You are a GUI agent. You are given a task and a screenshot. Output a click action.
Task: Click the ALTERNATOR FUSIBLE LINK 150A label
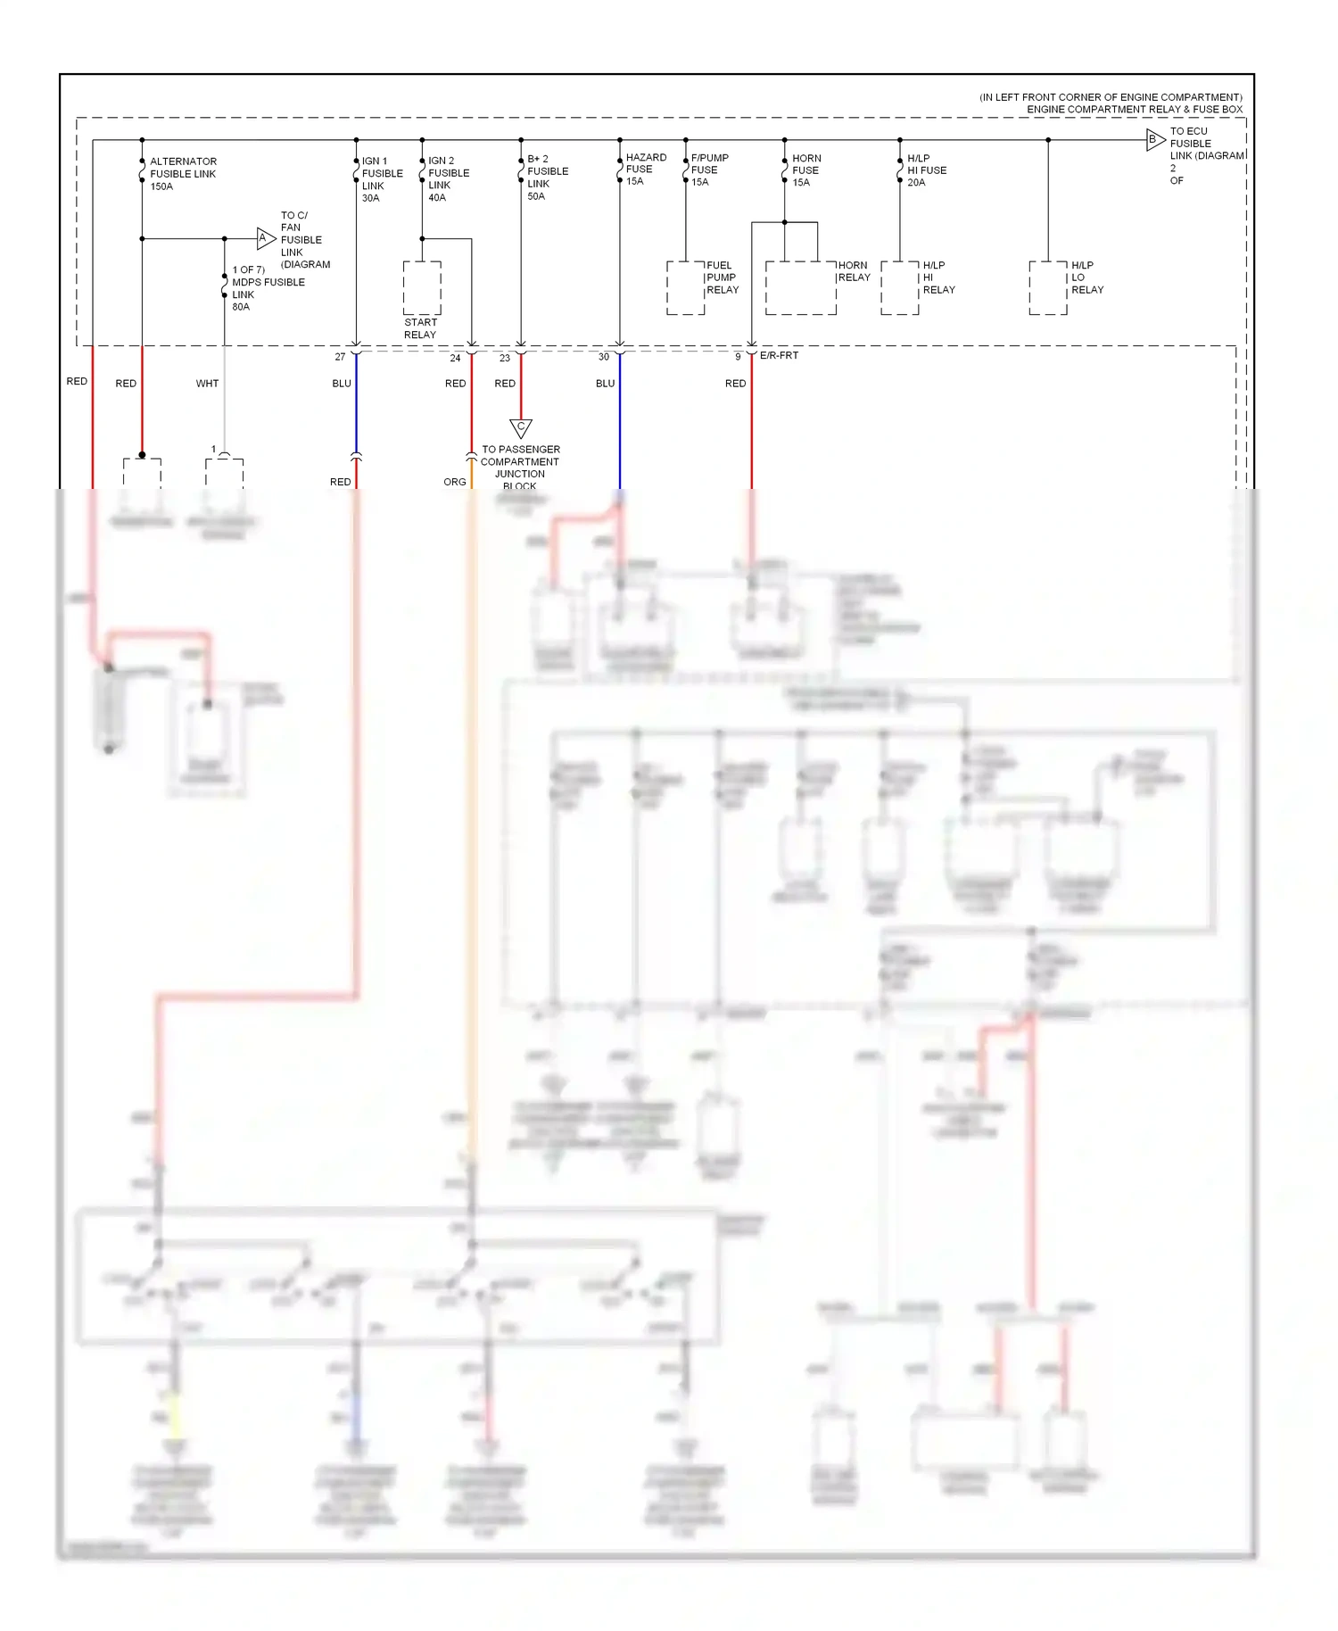pos(183,174)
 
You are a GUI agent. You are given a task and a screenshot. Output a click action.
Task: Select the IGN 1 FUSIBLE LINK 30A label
pos(382,179)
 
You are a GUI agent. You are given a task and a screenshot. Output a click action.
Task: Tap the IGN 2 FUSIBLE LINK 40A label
pos(448,179)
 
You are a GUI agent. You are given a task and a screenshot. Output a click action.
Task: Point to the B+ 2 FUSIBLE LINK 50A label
pos(547,178)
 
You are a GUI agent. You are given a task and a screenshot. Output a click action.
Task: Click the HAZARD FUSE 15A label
pos(646,170)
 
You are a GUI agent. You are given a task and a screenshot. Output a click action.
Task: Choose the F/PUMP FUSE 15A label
pos(709,170)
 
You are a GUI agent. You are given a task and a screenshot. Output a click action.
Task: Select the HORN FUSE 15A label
pos(806,170)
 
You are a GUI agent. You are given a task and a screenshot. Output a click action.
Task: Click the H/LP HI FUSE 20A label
pos(926,170)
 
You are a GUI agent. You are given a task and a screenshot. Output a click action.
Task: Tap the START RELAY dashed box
pos(422,288)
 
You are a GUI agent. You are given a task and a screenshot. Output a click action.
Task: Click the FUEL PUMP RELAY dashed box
pos(685,288)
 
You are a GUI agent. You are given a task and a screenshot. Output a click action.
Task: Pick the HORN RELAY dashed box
pos(800,288)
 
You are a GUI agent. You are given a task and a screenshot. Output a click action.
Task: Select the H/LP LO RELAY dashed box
pos(1047,288)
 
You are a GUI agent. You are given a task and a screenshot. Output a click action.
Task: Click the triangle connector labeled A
pos(264,238)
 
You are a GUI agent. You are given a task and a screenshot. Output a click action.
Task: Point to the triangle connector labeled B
pos(1154,139)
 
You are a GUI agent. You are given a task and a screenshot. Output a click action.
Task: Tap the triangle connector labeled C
pos(521,427)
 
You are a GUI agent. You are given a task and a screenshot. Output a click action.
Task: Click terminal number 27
pos(340,357)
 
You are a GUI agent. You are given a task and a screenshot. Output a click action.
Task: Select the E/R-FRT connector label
pos(779,355)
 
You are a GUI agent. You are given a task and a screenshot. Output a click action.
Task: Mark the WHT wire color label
pos(207,384)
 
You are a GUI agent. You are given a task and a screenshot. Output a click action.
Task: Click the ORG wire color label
pos(454,482)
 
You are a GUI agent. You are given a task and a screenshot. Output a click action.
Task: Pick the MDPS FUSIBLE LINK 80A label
pos(267,288)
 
